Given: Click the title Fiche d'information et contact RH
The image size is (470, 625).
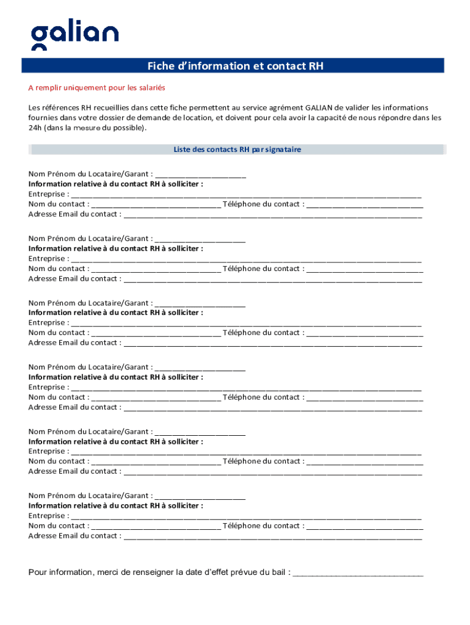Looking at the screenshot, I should tap(235, 67).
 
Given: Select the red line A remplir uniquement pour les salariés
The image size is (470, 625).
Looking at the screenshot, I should tap(97, 88).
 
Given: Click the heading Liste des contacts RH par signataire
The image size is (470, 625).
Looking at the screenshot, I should tap(237, 150).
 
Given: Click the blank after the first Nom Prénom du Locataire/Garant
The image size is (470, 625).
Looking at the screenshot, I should tap(200, 174).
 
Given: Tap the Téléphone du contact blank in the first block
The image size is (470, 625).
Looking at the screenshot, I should tap(364, 204).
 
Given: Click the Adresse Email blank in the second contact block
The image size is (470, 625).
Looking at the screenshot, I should tap(272, 279).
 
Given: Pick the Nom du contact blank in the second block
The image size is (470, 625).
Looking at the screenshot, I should tap(156, 269).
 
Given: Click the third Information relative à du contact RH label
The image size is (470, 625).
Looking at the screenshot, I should tap(116, 312).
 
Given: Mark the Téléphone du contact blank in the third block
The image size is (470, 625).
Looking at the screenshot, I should tap(364, 333).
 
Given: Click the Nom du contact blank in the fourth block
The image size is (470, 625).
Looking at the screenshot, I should tap(156, 397).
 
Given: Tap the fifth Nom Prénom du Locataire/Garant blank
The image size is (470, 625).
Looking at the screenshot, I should tap(200, 432).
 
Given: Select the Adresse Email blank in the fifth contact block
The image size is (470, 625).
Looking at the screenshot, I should tap(272, 472).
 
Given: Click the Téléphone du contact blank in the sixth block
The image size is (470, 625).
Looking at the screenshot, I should tap(364, 526).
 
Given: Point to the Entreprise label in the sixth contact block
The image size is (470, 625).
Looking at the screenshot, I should tap(47, 516).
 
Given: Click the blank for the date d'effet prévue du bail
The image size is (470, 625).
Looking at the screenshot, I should tap(358, 573).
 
